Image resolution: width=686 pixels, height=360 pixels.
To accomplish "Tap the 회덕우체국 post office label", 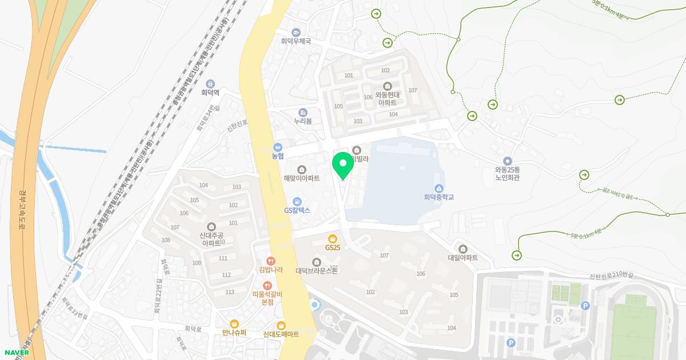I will (x=296, y=41).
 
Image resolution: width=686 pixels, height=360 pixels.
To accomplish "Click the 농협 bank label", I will (x=278, y=155).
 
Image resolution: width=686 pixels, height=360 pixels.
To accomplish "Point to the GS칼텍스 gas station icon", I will (x=297, y=202).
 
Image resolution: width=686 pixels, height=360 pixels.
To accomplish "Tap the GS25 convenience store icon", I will (x=332, y=238).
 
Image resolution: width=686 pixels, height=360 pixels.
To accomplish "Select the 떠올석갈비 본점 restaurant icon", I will (x=267, y=285).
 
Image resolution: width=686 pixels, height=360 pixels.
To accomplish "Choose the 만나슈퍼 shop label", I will (x=234, y=332).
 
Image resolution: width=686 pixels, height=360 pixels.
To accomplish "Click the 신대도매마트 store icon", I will (x=281, y=325).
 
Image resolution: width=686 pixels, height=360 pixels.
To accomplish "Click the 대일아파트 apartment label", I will (x=462, y=258).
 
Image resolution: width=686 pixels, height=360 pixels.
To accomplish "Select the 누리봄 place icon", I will (x=302, y=112).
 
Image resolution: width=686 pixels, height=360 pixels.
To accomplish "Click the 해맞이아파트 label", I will (x=302, y=178).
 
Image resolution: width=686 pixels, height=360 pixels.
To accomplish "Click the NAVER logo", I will (x=15, y=352).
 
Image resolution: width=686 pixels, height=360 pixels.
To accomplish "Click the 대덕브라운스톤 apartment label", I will (x=317, y=270).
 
